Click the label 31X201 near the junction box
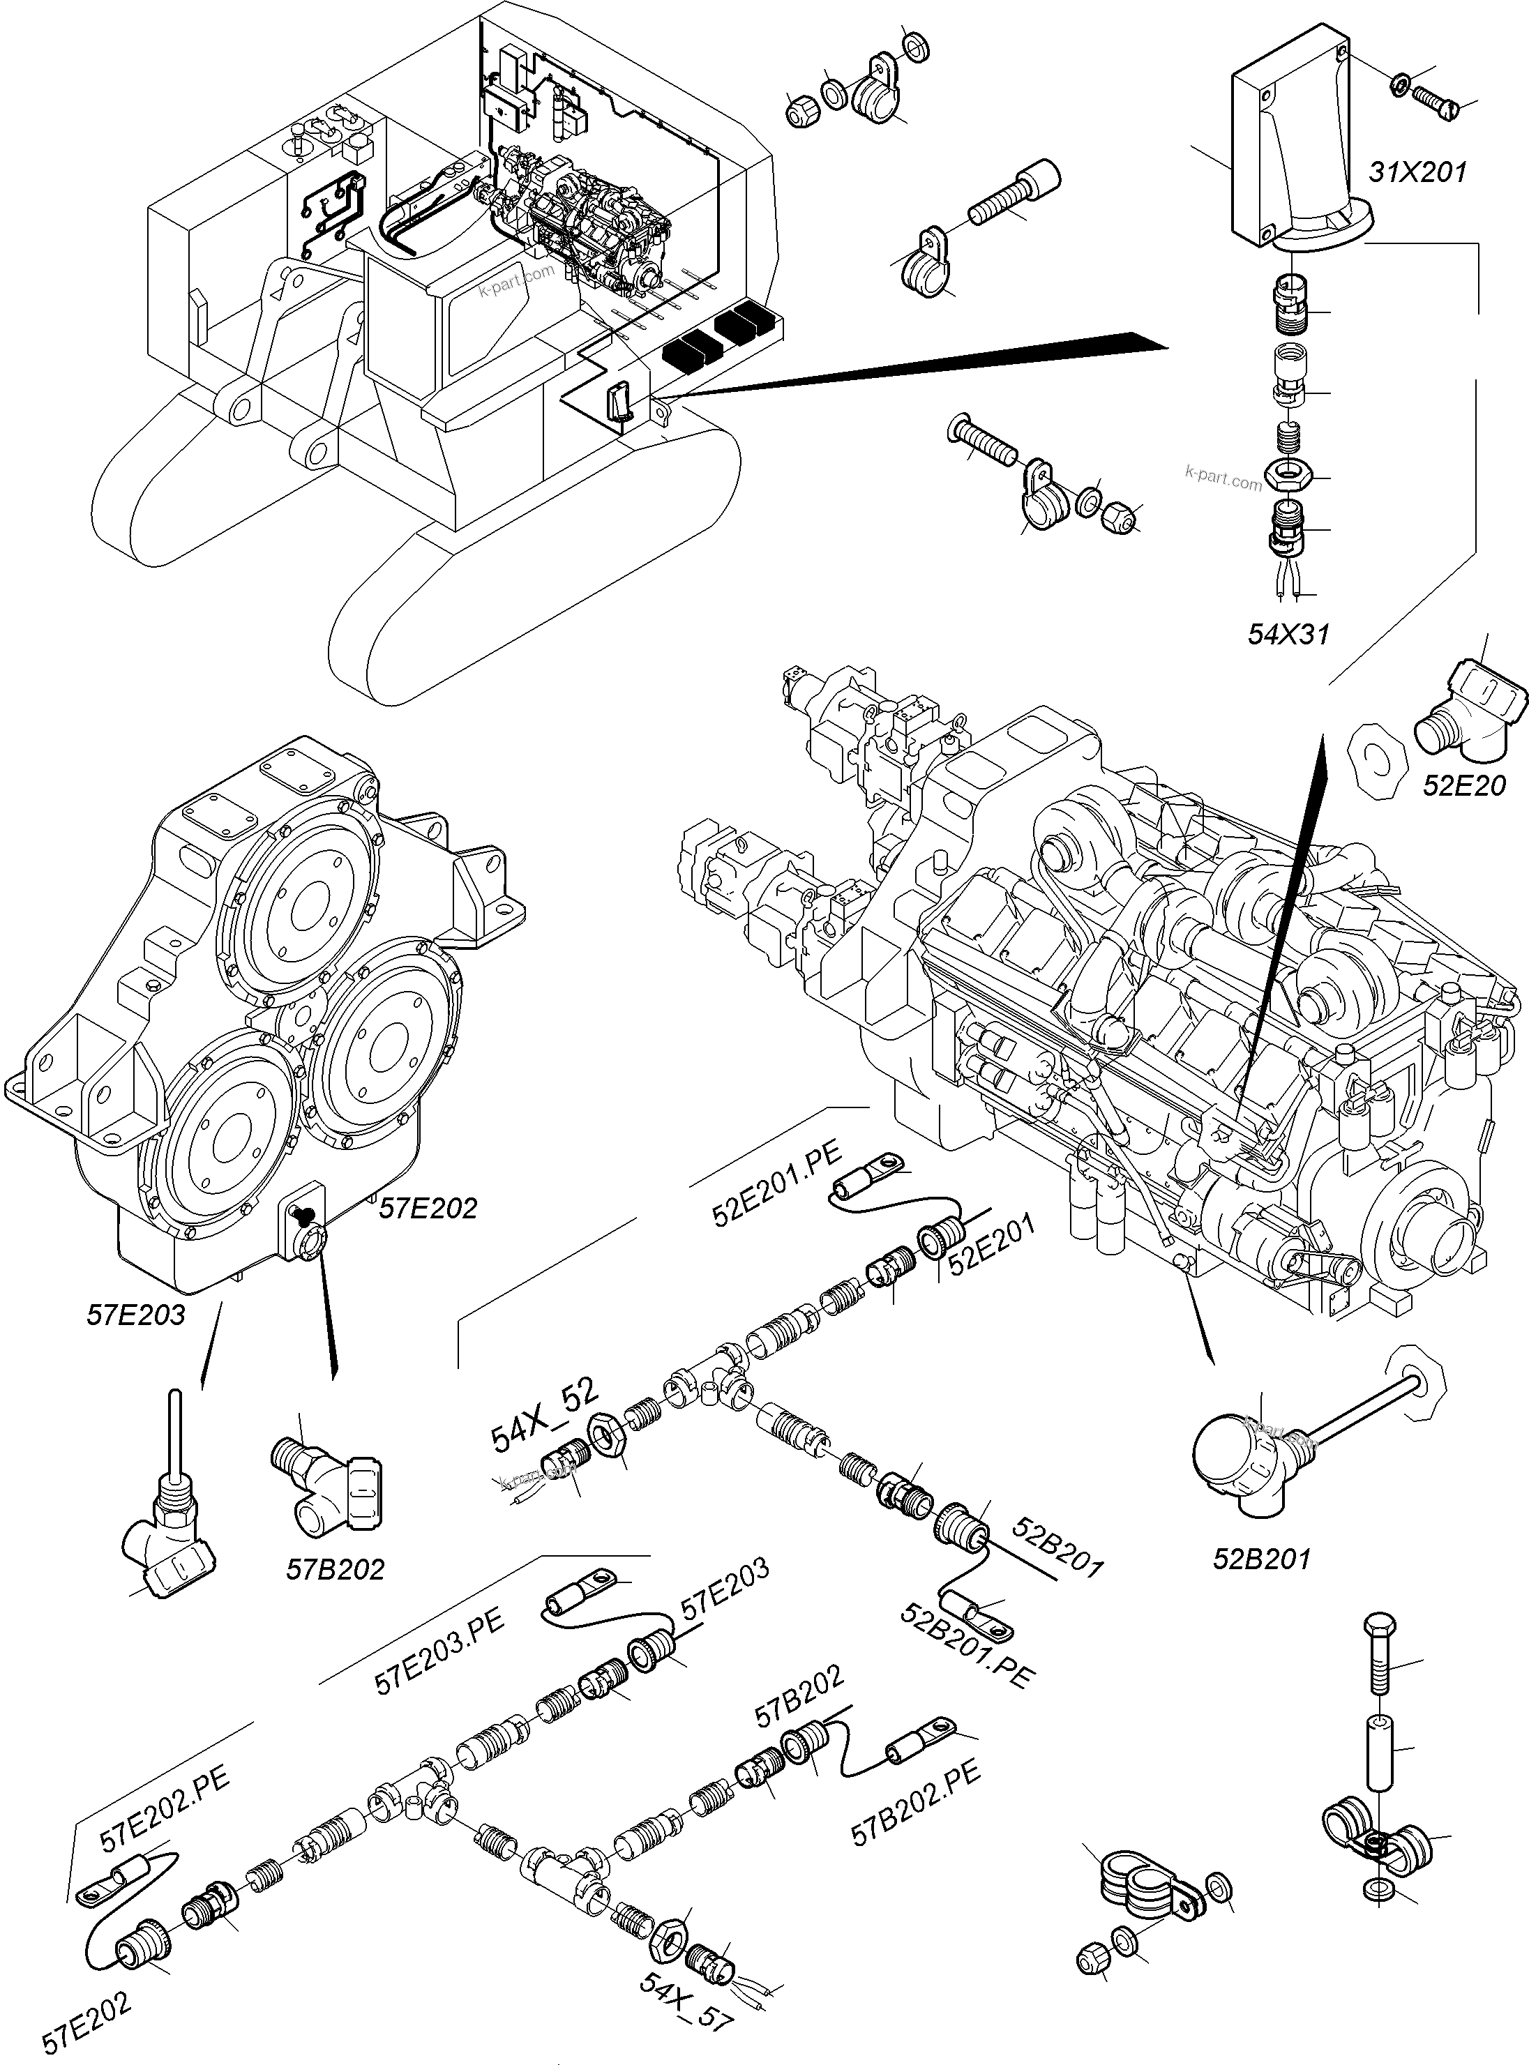(1417, 173)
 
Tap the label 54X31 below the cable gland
(1288, 634)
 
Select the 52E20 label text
(1464, 785)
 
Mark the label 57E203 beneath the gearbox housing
(136, 1315)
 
